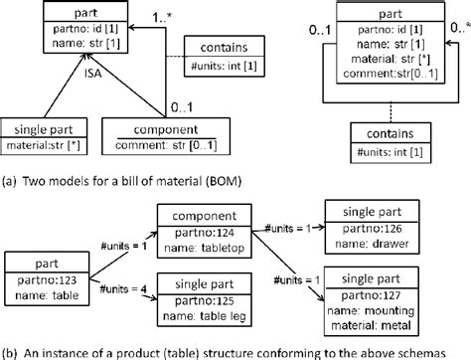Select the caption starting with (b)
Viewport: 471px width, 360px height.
[235, 349]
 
